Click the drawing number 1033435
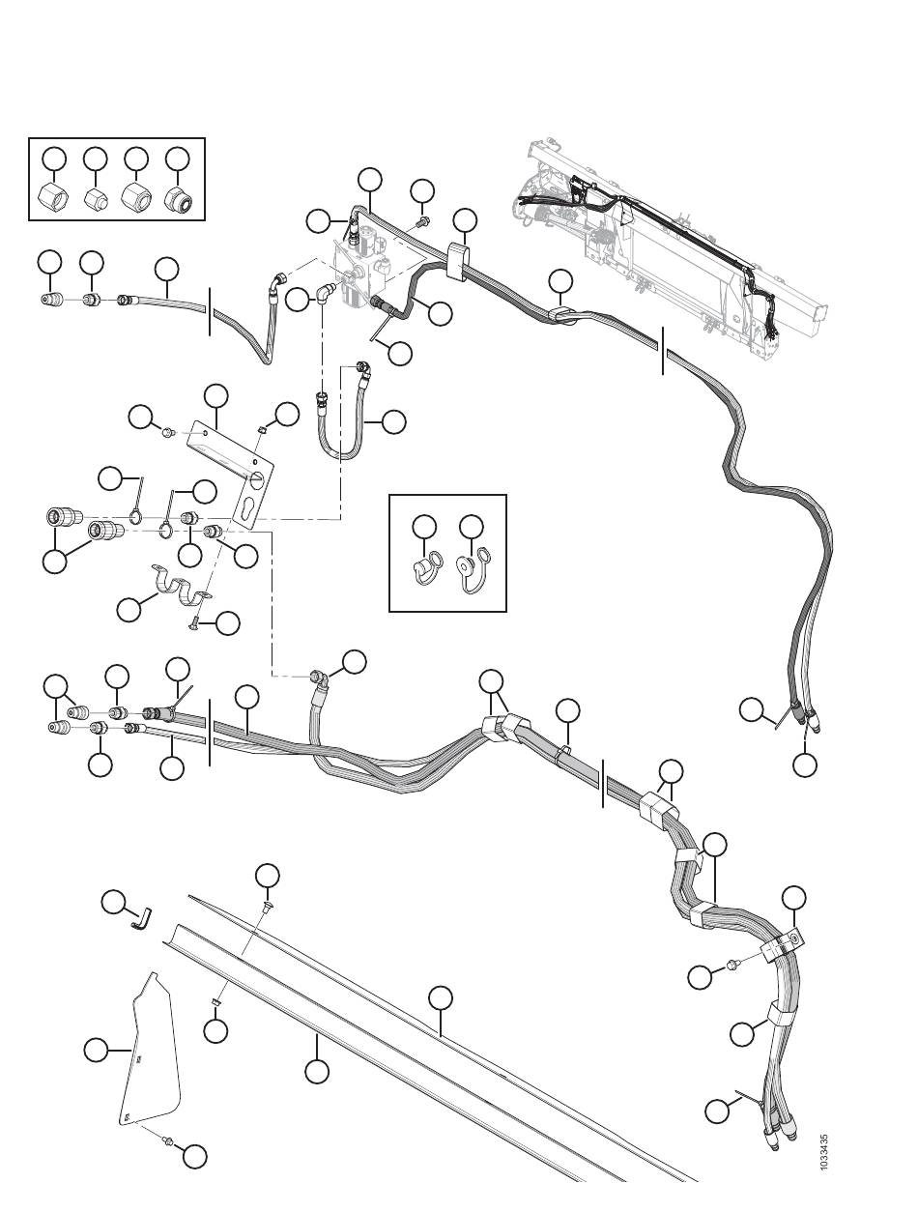823,1152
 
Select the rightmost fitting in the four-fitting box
179,198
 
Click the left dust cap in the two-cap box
423,569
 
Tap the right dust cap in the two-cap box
472,572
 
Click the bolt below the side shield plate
168,1142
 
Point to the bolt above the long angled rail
266,905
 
